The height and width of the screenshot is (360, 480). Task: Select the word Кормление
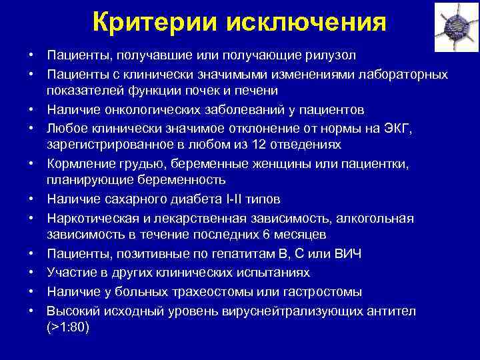[77, 162]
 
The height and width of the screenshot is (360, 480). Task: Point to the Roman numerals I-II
[243, 199]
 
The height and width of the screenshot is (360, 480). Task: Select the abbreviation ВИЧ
[345, 253]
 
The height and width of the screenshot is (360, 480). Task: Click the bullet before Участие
[31, 273]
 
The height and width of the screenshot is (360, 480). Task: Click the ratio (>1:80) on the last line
[68, 327]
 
